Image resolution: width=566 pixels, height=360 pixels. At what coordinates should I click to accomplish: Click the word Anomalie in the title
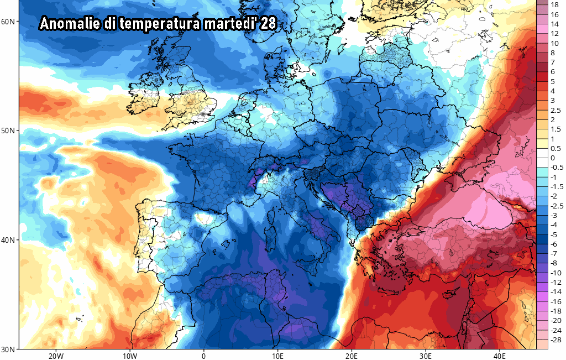pos(70,24)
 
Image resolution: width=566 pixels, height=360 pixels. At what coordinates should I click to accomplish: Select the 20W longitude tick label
pos(56,356)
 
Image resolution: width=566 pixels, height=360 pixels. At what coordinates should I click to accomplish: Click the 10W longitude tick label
pos(130,356)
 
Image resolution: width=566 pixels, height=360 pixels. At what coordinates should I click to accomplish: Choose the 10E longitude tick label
pos(277,356)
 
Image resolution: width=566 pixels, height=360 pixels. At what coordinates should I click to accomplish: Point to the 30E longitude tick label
pos(426,356)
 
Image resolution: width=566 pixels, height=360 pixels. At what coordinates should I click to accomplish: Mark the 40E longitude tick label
pos(499,356)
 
